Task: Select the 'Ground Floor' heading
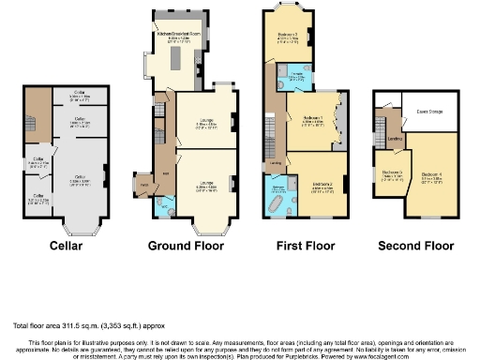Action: (x=186, y=246)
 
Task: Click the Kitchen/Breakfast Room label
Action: (x=185, y=37)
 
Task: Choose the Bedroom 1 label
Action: (x=313, y=119)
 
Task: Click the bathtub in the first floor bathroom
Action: (x=280, y=202)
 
